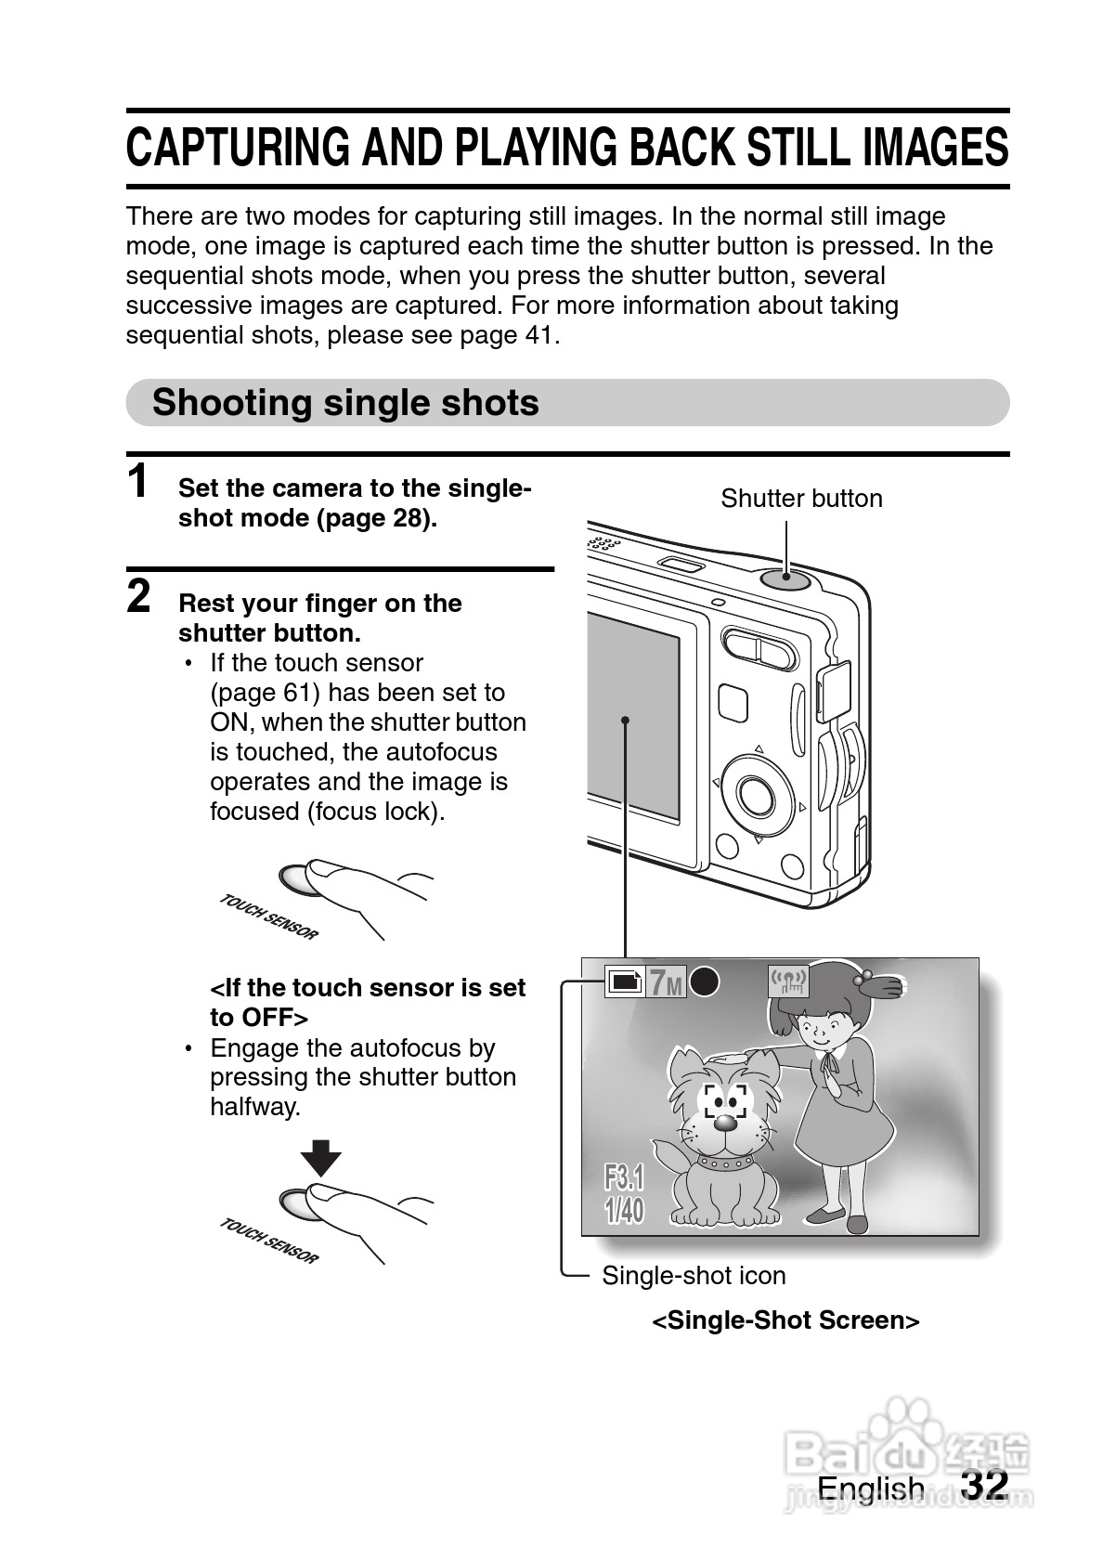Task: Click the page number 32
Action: pyautogui.click(x=984, y=1484)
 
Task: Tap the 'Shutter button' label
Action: pyautogui.click(x=801, y=499)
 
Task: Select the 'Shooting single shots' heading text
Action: pyautogui.click(x=345, y=403)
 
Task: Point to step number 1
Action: pyautogui.click(x=137, y=483)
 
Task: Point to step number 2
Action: pyautogui.click(x=138, y=597)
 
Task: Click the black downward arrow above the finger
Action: pyautogui.click(x=321, y=1158)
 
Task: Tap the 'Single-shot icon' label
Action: pyautogui.click(x=694, y=1275)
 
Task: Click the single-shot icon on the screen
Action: pyautogui.click(x=624, y=981)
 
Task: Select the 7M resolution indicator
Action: pyautogui.click(x=665, y=982)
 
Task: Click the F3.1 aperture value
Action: pyautogui.click(x=624, y=1178)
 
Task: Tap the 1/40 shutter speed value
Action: pyautogui.click(x=624, y=1210)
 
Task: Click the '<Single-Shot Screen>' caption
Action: pyautogui.click(x=785, y=1320)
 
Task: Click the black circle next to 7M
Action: pyautogui.click(x=706, y=981)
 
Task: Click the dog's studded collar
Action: pyautogui.click(x=725, y=1162)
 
